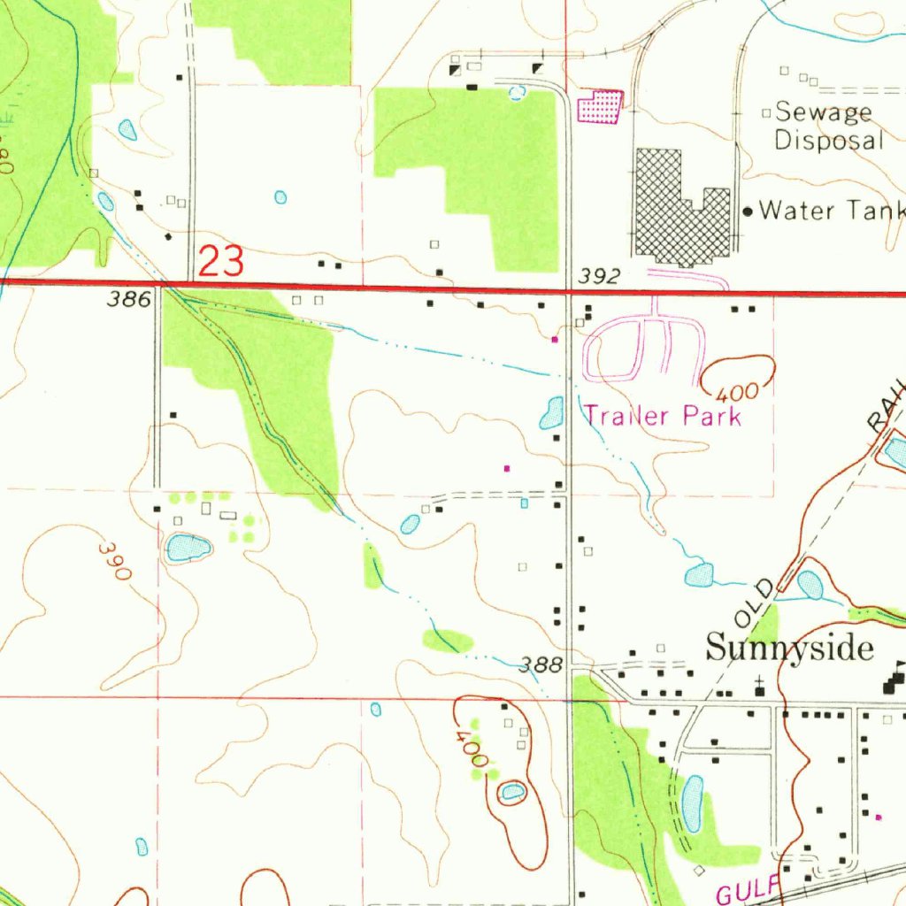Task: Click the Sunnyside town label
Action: pos(789,649)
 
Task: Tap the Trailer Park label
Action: pos(663,416)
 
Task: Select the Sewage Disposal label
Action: pos(828,127)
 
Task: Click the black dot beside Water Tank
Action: pos(749,211)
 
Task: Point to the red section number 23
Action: pos(220,262)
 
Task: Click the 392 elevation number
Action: pos(598,277)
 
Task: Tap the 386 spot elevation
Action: pos(129,300)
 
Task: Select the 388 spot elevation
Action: pos(541,664)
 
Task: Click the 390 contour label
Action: pos(116,561)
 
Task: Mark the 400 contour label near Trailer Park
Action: pos(728,390)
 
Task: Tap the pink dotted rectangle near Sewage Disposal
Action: pos(600,107)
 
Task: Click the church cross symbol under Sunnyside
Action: pos(758,683)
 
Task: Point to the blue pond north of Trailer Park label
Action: pos(552,412)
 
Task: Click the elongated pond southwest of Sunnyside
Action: pos(692,803)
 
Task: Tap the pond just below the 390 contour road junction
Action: pos(188,548)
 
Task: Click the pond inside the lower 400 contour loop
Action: pos(511,792)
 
